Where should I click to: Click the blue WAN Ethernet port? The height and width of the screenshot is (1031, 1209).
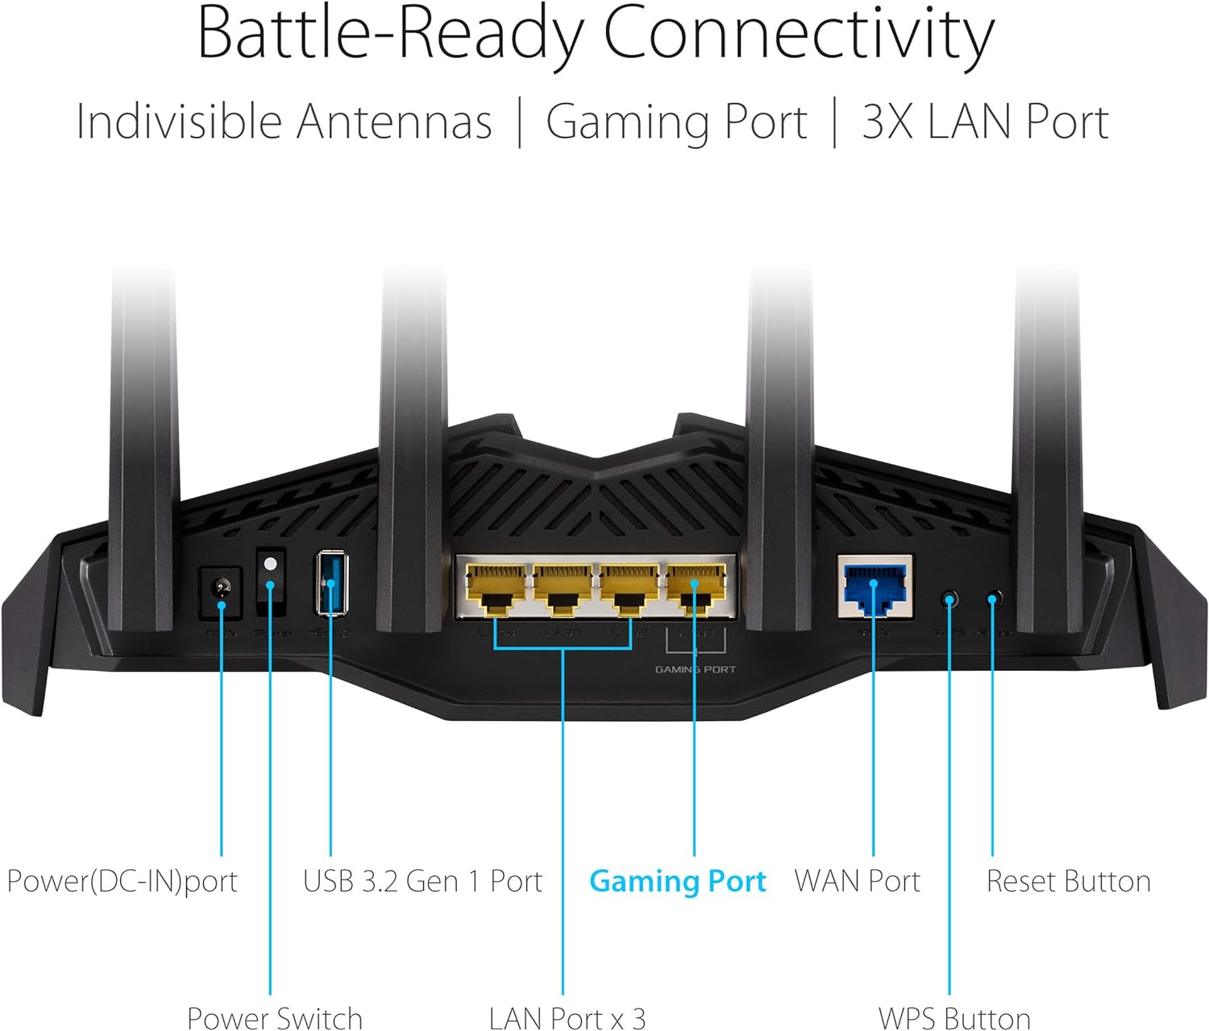click(x=875, y=586)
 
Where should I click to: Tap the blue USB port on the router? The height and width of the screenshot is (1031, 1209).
click(x=330, y=582)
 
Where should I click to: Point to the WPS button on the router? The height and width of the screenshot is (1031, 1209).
click(x=949, y=601)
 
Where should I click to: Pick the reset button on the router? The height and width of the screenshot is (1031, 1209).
click(x=993, y=600)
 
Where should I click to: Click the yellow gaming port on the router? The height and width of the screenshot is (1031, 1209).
click(x=695, y=588)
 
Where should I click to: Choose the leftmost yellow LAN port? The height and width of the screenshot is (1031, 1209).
click(x=495, y=588)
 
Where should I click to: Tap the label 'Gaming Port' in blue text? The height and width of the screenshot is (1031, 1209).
click(x=677, y=881)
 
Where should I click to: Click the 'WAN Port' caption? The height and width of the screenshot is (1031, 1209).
click(x=857, y=881)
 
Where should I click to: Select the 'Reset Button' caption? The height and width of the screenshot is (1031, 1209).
click(x=1068, y=881)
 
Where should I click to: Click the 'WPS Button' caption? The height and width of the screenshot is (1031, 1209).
click(x=953, y=1018)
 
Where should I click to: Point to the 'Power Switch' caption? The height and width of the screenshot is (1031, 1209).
click(x=274, y=1018)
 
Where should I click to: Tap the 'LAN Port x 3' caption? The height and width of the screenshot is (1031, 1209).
click(x=567, y=1018)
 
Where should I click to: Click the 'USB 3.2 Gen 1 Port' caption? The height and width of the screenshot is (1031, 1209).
click(x=422, y=881)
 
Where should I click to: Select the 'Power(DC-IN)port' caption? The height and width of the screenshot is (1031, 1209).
click(x=122, y=881)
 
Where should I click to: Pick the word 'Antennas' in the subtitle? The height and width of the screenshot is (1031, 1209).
click(x=393, y=122)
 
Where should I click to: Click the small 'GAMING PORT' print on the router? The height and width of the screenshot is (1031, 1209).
click(x=695, y=669)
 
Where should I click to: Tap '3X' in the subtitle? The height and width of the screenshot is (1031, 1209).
click(x=887, y=122)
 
